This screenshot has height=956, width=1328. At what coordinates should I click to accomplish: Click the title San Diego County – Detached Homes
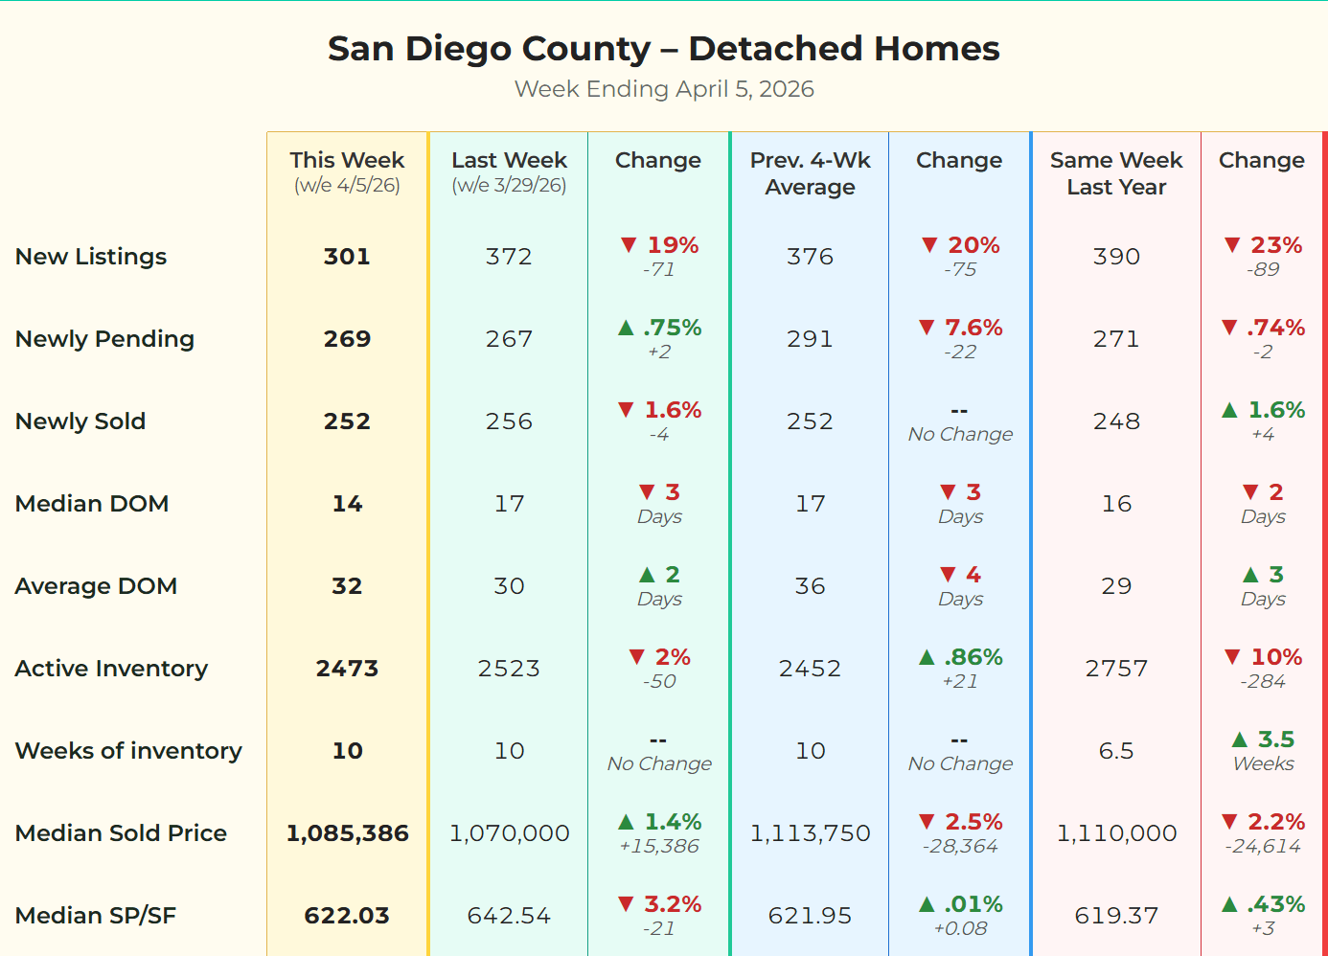pyautogui.click(x=663, y=49)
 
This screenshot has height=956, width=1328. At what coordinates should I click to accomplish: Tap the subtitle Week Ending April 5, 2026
pyautogui.click(x=663, y=89)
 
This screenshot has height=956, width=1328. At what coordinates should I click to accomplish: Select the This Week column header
pyautogui.click(x=347, y=161)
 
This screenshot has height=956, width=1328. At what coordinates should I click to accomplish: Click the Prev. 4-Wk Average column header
pyautogui.click(x=810, y=173)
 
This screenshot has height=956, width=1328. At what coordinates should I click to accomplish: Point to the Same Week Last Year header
pyautogui.click(x=1116, y=173)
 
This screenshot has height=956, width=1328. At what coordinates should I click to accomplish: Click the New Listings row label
pyautogui.click(x=91, y=257)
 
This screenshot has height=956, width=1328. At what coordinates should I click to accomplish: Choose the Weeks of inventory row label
pyautogui.click(x=128, y=751)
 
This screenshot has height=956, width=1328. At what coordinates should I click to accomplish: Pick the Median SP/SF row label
pyautogui.click(x=96, y=916)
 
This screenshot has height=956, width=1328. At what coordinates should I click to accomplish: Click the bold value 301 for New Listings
pyautogui.click(x=347, y=257)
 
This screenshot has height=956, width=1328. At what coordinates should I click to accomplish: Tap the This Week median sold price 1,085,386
pyautogui.click(x=347, y=833)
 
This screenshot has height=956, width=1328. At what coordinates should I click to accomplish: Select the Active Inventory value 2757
pyautogui.click(x=1116, y=669)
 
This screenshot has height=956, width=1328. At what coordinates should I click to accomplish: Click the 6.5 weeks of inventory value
pyautogui.click(x=1116, y=751)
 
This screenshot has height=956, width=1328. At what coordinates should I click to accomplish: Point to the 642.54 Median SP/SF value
pyautogui.click(x=509, y=916)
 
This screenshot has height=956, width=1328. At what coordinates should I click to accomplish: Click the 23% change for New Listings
pyautogui.click(x=1275, y=245)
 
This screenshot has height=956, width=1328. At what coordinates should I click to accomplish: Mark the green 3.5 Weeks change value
pyautogui.click(x=1275, y=740)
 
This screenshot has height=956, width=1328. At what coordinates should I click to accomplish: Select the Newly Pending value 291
pyautogui.click(x=810, y=339)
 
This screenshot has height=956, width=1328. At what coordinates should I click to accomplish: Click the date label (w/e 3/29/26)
pyautogui.click(x=509, y=185)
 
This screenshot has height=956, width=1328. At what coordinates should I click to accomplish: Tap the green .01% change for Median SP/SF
pyautogui.click(x=973, y=904)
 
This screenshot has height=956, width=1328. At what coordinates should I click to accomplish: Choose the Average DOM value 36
pyautogui.click(x=810, y=586)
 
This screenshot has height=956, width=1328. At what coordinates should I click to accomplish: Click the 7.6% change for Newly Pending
pyautogui.click(x=973, y=328)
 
